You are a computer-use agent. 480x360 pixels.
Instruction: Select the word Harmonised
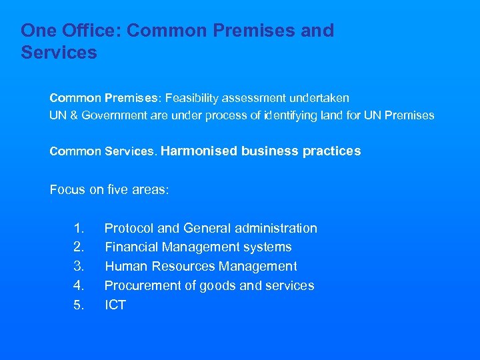click(x=199, y=151)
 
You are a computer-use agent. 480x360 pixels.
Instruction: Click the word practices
click(x=331, y=151)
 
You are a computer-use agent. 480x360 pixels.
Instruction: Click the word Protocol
click(x=129, y=228)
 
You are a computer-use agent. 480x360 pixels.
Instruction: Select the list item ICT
click(x=115, y=305)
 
